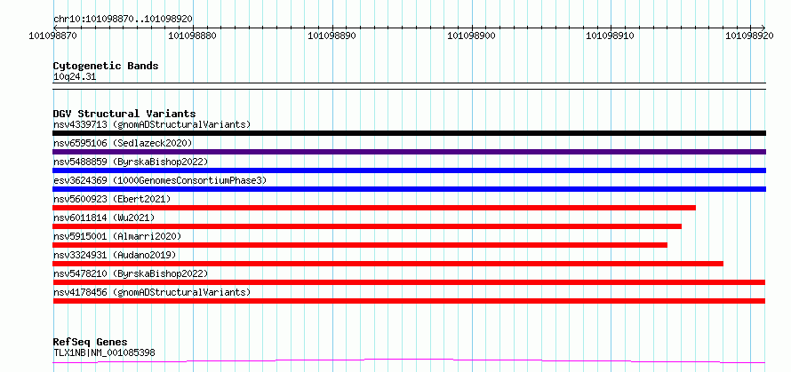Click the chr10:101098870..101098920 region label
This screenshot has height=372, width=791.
[123, 20]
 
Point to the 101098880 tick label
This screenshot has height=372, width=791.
[193, 36]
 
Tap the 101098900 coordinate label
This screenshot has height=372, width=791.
[472, 36]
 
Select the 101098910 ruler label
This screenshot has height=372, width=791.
[611, 36]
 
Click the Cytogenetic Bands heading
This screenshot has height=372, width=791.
[106, 66]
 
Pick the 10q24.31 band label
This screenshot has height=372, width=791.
[75, 77]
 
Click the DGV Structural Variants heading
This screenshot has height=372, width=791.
[124, 114]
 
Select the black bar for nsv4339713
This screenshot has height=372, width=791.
[409, 133]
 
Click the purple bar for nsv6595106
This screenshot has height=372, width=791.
[409, 152]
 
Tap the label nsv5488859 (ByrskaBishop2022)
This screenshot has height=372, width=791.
[131, 162]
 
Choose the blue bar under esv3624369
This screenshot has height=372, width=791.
[409, 189]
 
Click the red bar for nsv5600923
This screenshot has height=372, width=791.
[374, 208]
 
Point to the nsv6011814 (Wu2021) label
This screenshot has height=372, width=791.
[104, 218]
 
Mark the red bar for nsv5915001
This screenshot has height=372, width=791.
[360, 245]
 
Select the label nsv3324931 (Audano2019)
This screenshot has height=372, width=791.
[115, 255]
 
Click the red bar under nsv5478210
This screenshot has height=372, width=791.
[409, 282]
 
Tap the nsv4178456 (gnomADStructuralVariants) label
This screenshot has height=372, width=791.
[152, 292]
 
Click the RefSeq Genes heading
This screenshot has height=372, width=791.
[91, 343]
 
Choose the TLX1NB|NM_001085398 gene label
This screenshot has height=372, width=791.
[104, 352]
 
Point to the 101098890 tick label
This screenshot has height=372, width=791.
[333, 36]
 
